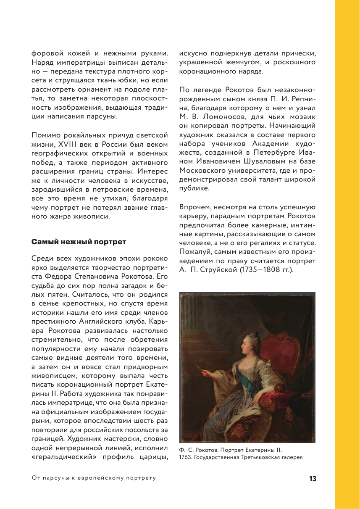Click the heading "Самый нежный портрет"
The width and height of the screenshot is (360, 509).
(x=79, y=242)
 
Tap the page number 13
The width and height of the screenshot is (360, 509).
(x=312, y=479)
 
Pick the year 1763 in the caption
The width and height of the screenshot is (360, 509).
(x=185, y=457)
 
